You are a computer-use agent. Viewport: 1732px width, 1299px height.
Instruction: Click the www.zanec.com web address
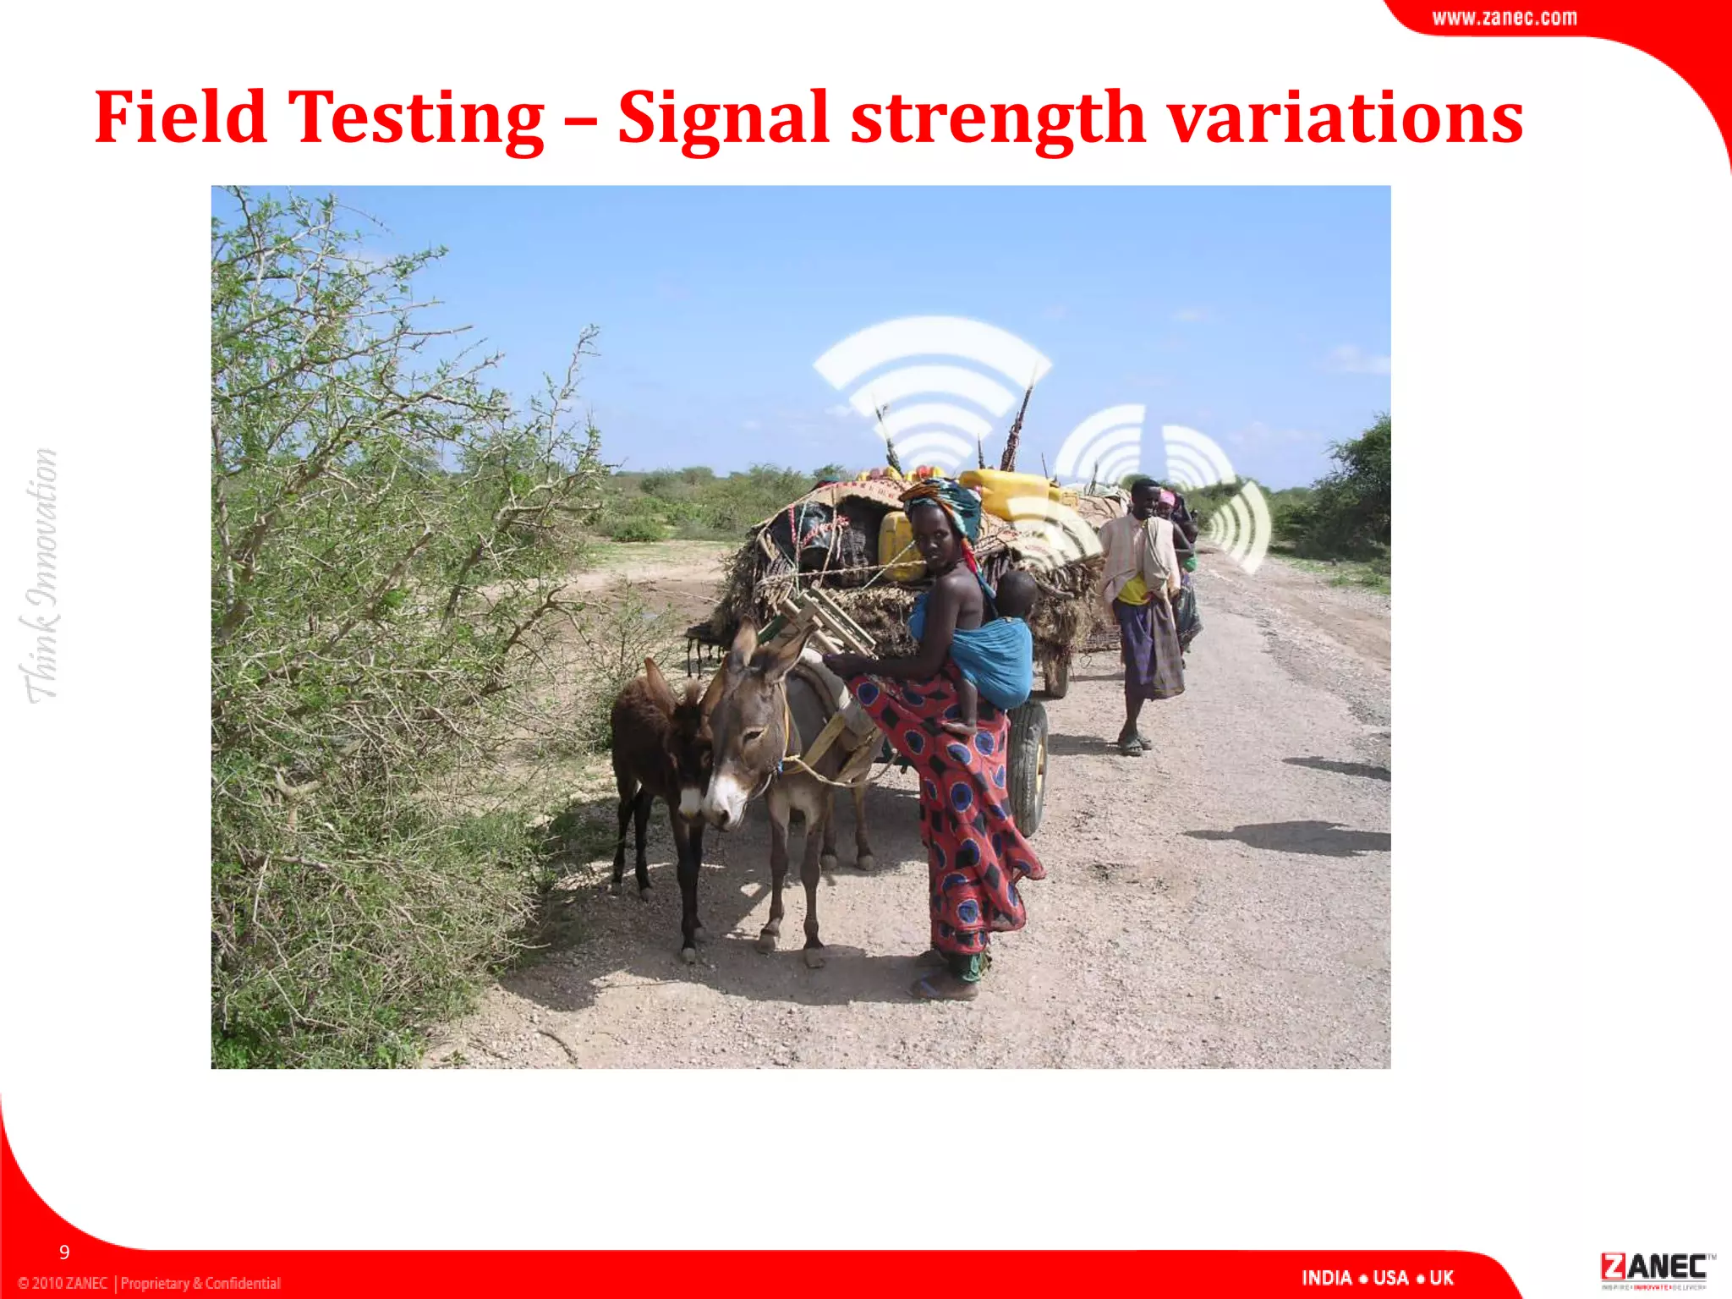[x=1504, y=18]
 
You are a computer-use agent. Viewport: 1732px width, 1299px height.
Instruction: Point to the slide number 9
[x=64, y=1252]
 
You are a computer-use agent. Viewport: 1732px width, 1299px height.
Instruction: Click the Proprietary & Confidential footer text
[x=200, y=1283]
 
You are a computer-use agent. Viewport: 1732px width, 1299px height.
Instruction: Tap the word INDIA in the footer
[x=1325, y=1278]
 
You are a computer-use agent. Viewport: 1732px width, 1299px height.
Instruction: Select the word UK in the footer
[x=1441, y=1278]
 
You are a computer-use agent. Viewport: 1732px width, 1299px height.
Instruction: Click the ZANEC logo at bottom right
[x=1653, y=1269]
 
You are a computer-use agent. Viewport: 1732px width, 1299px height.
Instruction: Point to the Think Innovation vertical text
[x=41, y=575]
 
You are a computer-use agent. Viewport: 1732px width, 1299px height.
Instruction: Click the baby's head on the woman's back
[x=1015, y=592]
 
